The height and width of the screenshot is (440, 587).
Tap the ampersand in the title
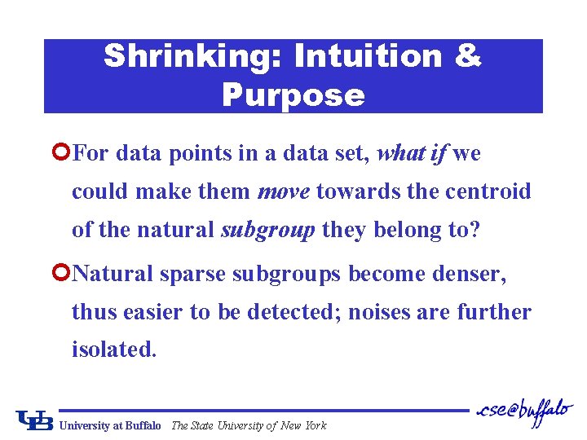466,56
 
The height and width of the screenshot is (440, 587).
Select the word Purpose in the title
293,95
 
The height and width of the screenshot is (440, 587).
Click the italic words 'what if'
413,152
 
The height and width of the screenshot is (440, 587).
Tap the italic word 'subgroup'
268,230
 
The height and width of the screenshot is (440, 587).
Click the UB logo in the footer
34,420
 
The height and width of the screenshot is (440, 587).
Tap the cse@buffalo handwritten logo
523,410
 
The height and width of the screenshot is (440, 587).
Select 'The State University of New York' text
249,425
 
